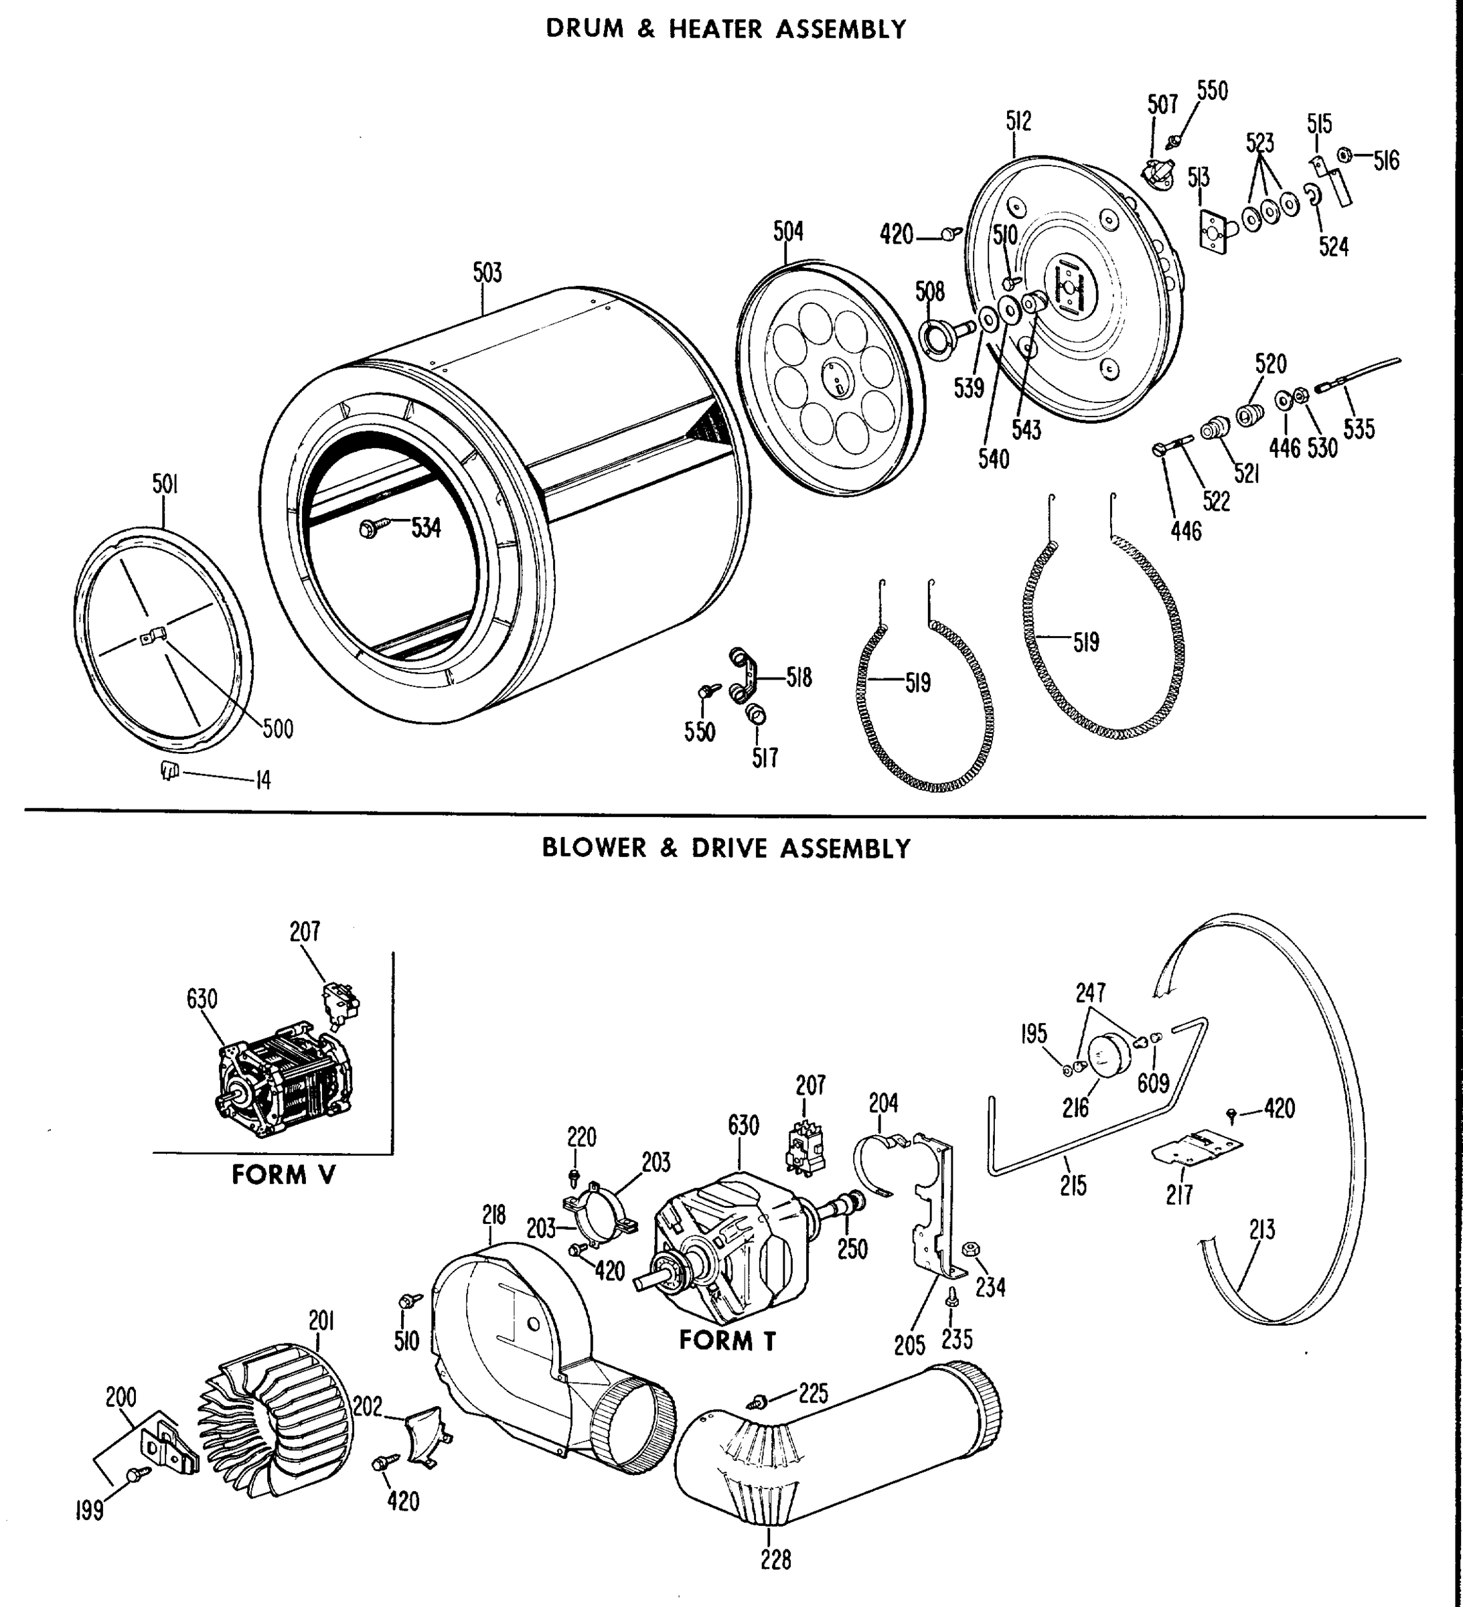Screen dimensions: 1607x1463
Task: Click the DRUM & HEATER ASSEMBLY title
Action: pyautogui.click(x=726, y=29)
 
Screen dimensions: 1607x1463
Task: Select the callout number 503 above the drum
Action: pyautogui.click(x=487, y=273)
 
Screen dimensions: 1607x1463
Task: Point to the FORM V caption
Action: pyautogui.click(x=283, y=1175)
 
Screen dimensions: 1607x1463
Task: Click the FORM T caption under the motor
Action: pyautogui.click(x=727, y=1341)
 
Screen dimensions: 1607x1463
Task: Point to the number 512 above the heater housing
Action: pyautogui.click(x=1018, y=121)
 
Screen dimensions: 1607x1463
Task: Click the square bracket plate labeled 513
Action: pyautogui.click(x=1216, y=232)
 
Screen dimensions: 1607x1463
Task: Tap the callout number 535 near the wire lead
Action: pyautogui.click(x=1359, y=429)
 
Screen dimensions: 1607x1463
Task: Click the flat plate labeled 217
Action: pyautogui.click(x=1197, y=1148)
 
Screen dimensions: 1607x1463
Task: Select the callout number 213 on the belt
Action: pyautogui.click(x=1262, y=1230)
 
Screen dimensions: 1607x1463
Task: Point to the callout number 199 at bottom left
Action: pyautogui.click(x=89, y=1511)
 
